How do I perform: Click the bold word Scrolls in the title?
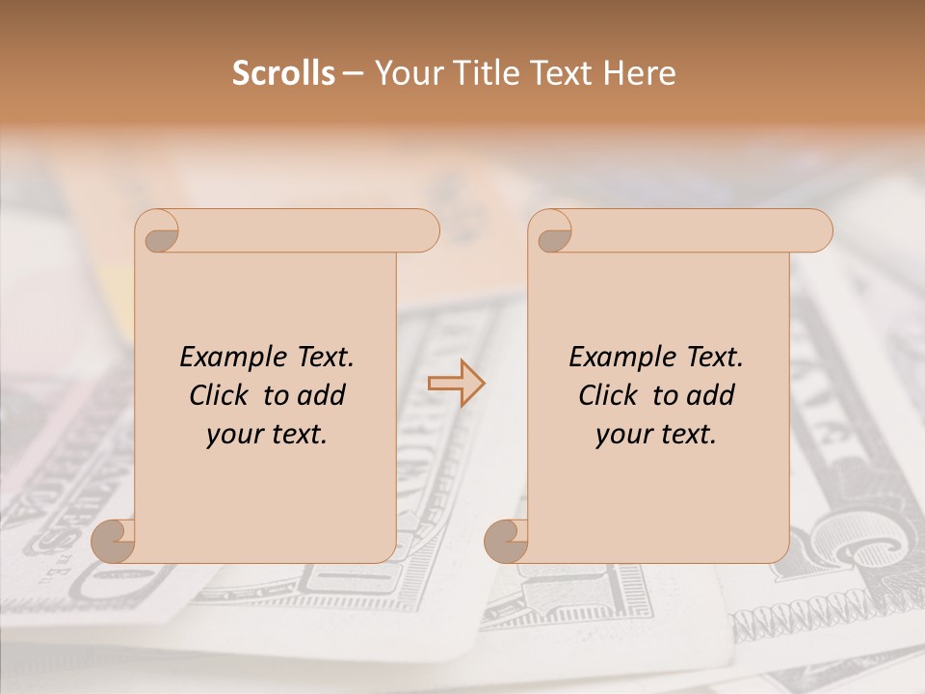pos(283,73)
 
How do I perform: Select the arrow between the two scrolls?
pos(456,384)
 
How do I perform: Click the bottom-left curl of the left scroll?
pos(114,541)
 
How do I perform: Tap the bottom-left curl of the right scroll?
pos(507,541)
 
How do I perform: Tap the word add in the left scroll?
pos(321,395)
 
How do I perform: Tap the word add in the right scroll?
pos(710,395)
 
